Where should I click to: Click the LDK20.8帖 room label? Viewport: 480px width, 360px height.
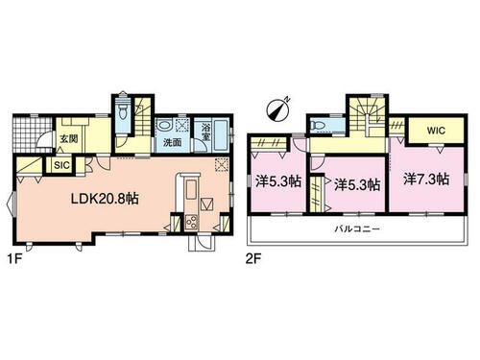click(x=105, y=199)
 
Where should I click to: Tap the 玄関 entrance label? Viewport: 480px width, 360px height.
click(x=69, y=139)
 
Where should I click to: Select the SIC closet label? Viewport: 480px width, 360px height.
click(x=61, y=165)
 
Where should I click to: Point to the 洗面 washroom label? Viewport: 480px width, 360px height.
click(x=173, y=142)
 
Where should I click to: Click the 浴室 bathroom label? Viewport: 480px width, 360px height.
click(x=205, y=132)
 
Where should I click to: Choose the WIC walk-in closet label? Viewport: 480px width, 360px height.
click(x=436, y=131)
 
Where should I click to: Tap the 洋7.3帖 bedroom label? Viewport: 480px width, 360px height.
click(x=426, y=180)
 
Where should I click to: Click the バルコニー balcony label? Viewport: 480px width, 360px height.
click(x=357, y=229)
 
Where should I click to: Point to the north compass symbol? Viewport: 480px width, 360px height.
click(x=277, y=109)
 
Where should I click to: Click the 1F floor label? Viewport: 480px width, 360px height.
click(x=14, y=259)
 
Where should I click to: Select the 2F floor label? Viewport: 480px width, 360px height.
click(x=253, y=259)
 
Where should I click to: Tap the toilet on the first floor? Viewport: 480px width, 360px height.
click(x=123, y=109)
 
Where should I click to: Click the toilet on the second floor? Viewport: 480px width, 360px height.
click(x=321, y=125)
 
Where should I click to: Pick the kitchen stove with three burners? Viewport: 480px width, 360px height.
click(x=192, y=222)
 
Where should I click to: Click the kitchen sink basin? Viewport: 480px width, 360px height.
click(x=191, y=190)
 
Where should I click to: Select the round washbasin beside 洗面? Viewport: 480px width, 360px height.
click(x=164, y=125)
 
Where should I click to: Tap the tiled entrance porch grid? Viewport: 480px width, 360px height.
click(x=33, y=134)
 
